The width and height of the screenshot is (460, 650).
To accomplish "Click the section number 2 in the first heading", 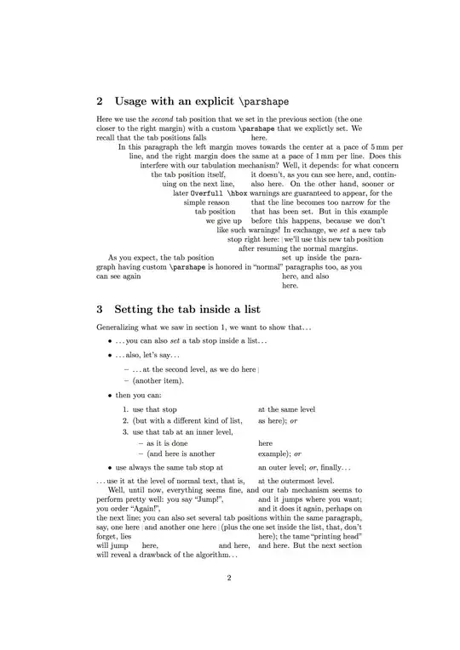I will (101, 100).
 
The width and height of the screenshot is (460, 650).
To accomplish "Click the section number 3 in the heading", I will (101, 310).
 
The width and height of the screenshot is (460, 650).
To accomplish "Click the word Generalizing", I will (122, 328).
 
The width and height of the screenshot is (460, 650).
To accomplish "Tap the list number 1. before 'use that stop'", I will (125, 409).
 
